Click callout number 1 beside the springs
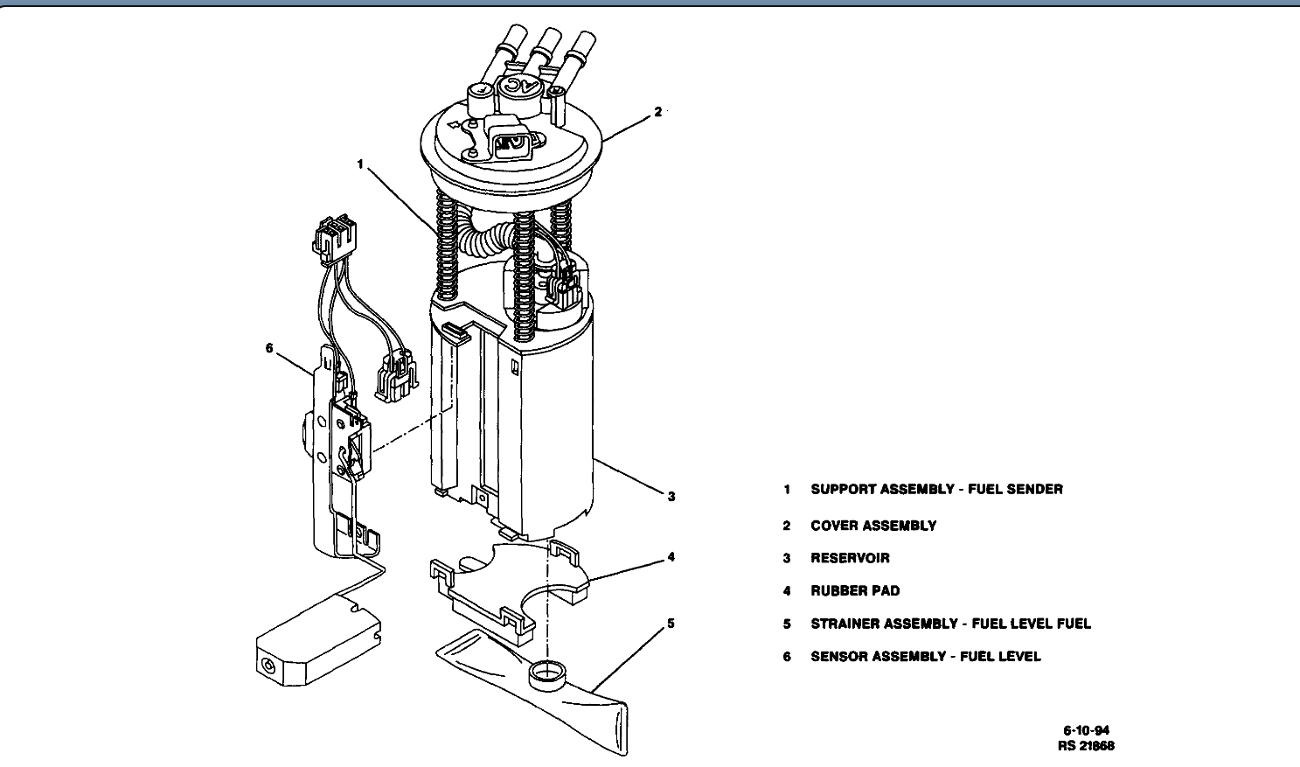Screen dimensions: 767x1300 359,164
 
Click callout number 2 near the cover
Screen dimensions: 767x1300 657,112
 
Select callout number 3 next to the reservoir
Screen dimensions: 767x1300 671,496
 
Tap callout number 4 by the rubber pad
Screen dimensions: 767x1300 671,556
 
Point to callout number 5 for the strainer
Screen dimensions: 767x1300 671,624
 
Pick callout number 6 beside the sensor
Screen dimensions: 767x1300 269,348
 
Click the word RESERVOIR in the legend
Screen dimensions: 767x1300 850,558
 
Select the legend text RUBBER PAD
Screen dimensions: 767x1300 855,590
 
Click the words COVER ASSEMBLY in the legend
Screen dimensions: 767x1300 873,526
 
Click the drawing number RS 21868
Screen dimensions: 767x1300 1086,746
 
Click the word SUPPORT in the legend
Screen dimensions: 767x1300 843,489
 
